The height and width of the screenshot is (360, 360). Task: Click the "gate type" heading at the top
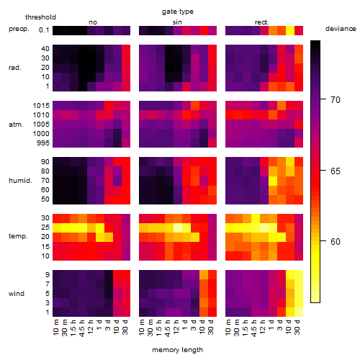[178, 12]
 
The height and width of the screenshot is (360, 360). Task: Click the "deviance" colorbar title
[341, 29]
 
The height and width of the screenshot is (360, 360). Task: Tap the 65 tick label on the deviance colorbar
[336, 171]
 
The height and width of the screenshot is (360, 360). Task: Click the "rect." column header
[261, 22]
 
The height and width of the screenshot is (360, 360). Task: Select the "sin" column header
[177, 22]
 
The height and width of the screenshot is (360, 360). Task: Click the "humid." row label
[20, 181]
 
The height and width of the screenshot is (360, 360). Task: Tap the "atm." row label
[16, 125]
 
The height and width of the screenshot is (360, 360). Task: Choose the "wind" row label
[17, 294]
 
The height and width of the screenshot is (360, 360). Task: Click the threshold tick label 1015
[41, 106]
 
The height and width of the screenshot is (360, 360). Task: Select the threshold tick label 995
[43, 143]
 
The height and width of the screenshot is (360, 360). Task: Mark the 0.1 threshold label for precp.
[44, 30]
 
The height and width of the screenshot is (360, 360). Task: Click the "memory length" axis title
[178, 350]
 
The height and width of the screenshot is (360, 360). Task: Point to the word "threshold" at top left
[40, 17]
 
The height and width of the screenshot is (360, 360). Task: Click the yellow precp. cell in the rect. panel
[290, 30]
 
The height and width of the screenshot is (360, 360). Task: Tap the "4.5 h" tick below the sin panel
[168, 328]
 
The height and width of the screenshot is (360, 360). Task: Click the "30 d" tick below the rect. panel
[297, 327]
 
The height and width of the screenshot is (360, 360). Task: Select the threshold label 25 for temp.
[45, 228]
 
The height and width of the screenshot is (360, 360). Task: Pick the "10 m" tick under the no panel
[55, 328]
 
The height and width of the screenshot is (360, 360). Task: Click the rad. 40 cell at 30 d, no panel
[126, 49]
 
